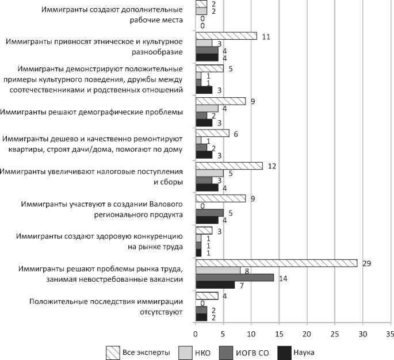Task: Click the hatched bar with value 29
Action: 277,262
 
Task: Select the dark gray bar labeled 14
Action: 235,277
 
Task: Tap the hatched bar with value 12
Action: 229,166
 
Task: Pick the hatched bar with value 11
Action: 226,36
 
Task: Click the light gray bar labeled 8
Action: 218,270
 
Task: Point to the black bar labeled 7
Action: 215,285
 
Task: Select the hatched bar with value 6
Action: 212,133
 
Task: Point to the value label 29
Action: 366,262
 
